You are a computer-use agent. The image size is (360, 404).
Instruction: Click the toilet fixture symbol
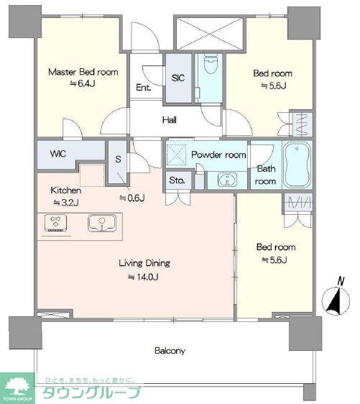point(210,64)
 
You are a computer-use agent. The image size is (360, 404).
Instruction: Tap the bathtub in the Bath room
point(297,165)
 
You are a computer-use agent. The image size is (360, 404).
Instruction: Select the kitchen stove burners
point(55,223)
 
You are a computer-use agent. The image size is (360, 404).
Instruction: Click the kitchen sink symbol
point(102,224)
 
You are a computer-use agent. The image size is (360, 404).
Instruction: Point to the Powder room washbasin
point(227,179)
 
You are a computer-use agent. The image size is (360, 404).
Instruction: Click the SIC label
point(178,78)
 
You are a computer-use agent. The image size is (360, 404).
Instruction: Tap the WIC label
point(58,154)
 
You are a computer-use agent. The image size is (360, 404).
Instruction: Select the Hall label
point(169,120)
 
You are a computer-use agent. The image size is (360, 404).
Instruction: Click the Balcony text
point(170,351)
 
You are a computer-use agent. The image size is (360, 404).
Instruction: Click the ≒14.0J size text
point(143,277)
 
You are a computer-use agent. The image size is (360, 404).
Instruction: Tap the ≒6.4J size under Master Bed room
point(83,83)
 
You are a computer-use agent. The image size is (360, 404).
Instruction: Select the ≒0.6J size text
point(131,198)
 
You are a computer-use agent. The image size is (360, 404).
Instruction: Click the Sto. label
point(177,180)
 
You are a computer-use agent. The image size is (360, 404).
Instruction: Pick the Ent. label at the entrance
point(144,88)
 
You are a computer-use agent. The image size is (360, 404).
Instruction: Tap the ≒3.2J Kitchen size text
point(66,203)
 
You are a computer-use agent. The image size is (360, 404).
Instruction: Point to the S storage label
point(118,160)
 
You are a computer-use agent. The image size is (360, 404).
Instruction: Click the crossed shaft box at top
point(209,33)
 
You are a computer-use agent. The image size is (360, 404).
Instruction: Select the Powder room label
point(218,155)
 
